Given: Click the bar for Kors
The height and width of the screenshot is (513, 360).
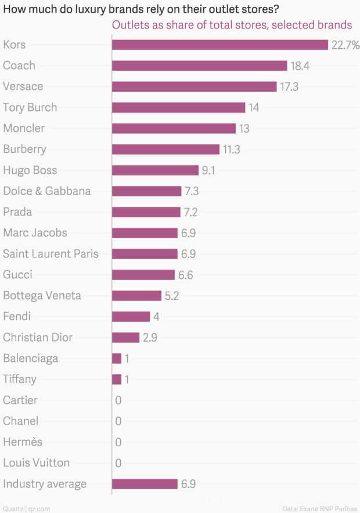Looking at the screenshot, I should [220, 45].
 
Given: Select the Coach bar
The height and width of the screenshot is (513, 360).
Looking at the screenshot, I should [199, 66].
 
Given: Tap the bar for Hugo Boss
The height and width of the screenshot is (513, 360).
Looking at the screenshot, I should [155, 170].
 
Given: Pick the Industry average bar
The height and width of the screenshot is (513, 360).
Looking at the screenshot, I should [145, 484].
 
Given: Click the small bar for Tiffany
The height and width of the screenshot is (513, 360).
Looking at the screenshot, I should [117, 379].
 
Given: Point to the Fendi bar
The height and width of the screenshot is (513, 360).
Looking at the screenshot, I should [131, 317].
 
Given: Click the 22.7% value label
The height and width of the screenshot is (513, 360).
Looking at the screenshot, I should [345, 45].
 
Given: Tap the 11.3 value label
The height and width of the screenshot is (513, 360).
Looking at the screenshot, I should [231, 149].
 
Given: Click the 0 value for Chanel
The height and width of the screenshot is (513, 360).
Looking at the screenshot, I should [118, 421].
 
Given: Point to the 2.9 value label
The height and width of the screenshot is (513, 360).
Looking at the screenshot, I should [150, 338].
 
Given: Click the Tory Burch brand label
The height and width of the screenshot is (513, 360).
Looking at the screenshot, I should [30, 107].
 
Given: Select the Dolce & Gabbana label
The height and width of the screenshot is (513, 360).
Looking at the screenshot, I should [46, 191].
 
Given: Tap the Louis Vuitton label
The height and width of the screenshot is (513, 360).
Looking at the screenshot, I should [36, 463].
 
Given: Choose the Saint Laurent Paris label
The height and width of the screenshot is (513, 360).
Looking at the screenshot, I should [51, 254].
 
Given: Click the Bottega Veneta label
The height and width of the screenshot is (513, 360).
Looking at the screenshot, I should [42, 296].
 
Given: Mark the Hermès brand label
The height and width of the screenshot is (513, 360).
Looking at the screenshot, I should [23, 442].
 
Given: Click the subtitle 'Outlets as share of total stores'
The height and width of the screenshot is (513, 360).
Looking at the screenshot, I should [232, 25].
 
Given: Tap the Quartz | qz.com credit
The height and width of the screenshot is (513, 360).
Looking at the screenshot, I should [26, 508].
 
